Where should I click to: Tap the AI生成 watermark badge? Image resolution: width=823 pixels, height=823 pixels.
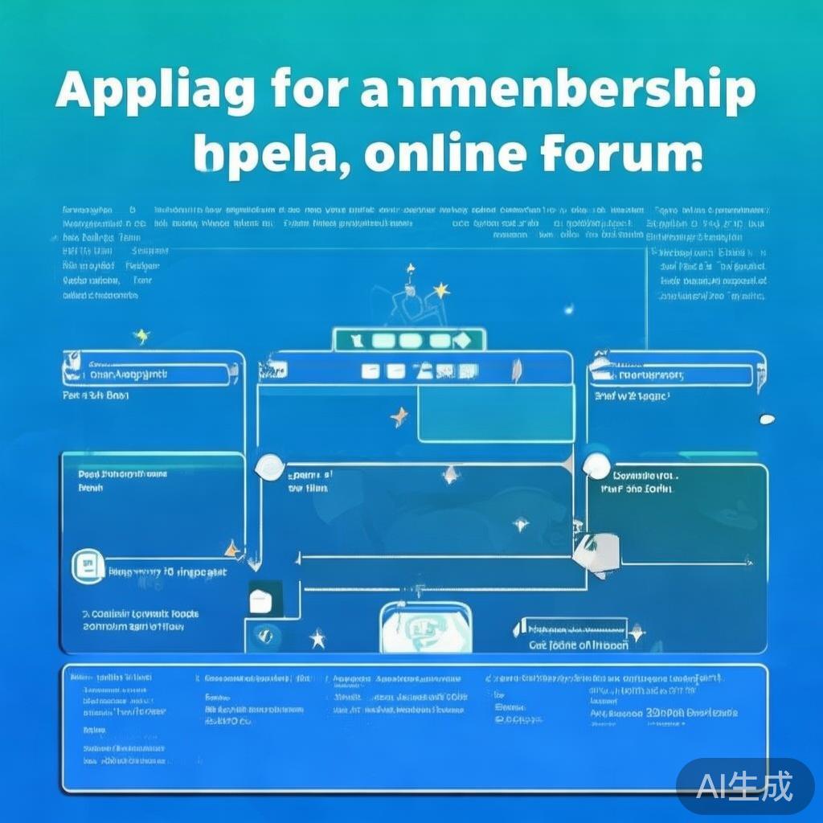tap(745, 785)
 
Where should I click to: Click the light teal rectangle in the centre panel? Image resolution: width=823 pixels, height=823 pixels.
tap(495, 413)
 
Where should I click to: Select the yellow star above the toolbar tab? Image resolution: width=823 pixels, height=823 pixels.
tap(440, 290)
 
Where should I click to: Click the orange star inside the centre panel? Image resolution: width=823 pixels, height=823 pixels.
tap(399, 416)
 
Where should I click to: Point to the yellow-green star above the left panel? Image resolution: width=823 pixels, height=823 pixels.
tap(141, 336)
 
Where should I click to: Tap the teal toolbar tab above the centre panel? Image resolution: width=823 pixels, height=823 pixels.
tap(409, 340)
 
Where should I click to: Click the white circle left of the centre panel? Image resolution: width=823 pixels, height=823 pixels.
tap(268, 466)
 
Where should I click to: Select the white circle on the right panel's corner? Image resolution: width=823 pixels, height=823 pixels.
tap(596, 465)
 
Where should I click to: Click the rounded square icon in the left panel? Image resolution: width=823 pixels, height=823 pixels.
tap(88, 566)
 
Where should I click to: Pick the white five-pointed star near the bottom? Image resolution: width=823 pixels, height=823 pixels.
tap(318, 640)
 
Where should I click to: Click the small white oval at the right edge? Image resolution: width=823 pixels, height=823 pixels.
tap(767, 419)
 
